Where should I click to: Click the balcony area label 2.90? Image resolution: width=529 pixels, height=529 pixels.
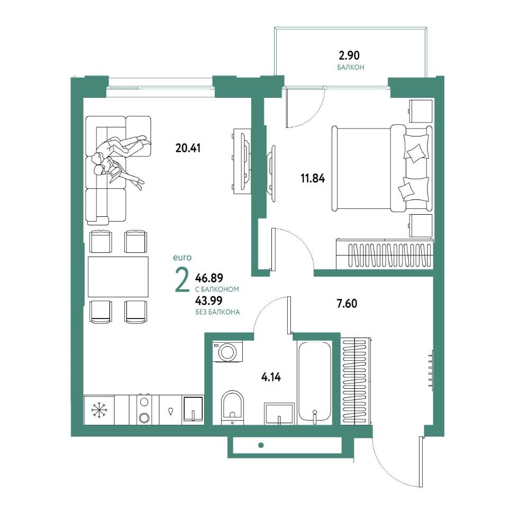349,55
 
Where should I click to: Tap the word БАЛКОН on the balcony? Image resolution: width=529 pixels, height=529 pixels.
351,68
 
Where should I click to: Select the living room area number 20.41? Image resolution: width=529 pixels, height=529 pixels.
188,148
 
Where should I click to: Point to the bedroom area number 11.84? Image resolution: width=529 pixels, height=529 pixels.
313,178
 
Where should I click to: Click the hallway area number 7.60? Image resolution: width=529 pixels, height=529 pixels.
347,304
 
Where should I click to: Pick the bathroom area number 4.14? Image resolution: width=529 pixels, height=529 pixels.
271,377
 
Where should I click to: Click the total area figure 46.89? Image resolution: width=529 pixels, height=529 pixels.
209,278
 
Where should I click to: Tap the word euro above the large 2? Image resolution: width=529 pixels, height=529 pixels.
182,258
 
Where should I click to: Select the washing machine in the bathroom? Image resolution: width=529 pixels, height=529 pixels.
227,352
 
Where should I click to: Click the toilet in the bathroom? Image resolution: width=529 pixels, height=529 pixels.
232,407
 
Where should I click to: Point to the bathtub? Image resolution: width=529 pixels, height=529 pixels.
314,381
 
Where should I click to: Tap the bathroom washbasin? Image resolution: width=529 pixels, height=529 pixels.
279,413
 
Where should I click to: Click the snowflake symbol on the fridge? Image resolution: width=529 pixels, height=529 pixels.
99,411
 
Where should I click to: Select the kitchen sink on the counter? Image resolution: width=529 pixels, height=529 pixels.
193,409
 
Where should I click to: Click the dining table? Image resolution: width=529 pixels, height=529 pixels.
118,277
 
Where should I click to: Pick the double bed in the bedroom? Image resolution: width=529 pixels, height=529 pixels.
382,169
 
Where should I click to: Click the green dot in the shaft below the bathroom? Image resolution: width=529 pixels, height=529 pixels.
261,445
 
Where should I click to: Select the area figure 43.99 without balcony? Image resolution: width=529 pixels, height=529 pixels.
209,300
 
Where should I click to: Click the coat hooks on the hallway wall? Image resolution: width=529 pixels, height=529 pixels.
431,369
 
